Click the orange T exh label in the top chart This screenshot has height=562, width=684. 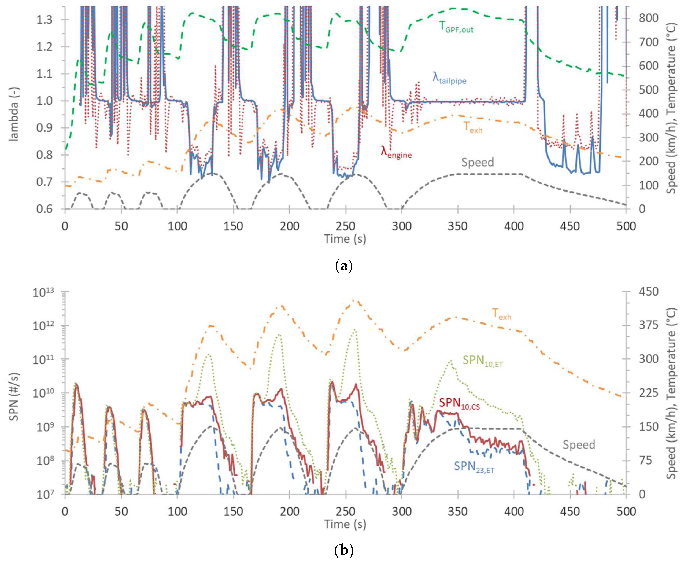coord(472,127)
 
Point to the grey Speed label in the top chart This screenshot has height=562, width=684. coord(477,162)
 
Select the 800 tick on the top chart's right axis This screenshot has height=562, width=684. coord(648,18)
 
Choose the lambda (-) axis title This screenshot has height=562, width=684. coord(14,113)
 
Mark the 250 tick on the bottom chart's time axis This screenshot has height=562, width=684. coord(346,512)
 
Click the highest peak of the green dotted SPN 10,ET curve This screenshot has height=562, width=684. coord(355,330)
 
